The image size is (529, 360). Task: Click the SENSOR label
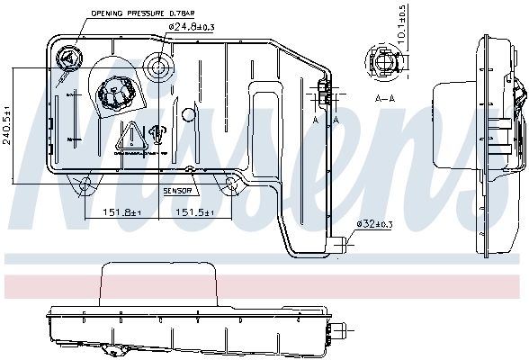coord(177,191)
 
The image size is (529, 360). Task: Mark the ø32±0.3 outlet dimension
coord(375,223)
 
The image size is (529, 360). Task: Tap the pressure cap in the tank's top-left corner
coord(68,61)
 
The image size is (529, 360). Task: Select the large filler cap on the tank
coord(115,93)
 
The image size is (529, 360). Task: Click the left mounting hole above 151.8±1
coord(85,185)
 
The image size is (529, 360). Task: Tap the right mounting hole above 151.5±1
coord(230,185)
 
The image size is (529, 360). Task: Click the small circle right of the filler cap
coord(188,115)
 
